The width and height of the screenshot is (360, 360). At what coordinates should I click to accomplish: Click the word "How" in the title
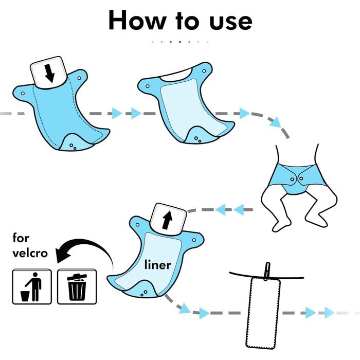[x=137, y=20]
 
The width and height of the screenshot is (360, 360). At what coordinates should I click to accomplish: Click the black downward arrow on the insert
[x=49, y=73]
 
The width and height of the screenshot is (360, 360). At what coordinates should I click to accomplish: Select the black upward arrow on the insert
[x=167, y=220]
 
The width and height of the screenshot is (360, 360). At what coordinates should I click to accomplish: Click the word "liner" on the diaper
[x=158, y=265]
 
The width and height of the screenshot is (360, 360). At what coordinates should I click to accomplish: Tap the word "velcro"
[x=30, y=253]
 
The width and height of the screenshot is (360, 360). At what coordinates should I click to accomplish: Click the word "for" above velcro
[x=21, y=238]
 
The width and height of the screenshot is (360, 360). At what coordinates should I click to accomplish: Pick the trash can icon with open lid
[x=77, y=286]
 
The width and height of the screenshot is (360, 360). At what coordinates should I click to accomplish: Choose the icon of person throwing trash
[x=32, y=286]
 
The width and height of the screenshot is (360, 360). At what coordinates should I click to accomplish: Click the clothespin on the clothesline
[x=267, y=271]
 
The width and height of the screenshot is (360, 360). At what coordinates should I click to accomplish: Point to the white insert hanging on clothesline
[x=263, y=313]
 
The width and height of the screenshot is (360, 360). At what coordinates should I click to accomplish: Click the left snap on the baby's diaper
[x=292, y=179]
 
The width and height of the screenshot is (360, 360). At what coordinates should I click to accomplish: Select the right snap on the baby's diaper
[x=301, y=178]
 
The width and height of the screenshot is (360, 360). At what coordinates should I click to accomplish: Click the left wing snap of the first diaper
[x=23, y=94]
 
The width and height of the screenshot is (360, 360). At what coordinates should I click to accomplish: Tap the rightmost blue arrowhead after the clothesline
[x=330, y=313]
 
